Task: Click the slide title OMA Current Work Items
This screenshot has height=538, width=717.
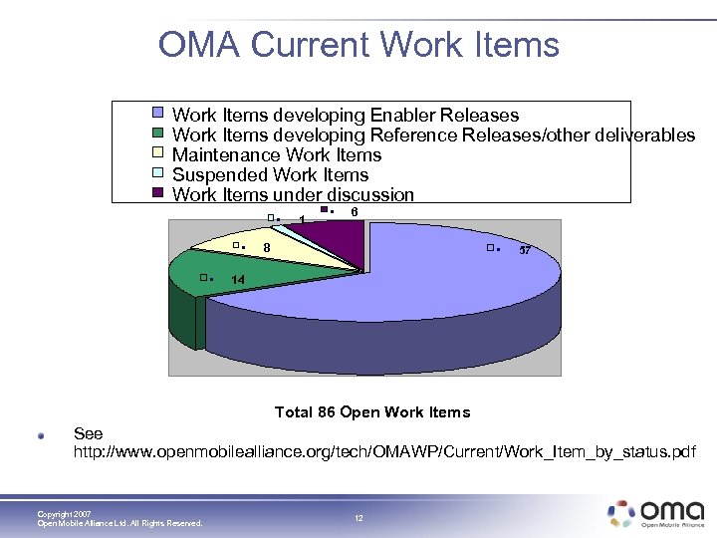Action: tap(358, 45)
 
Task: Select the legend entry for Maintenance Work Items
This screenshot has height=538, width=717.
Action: tap(277, 155)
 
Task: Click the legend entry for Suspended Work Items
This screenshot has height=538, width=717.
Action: tap(270, 175)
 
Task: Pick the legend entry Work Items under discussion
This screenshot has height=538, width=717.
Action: tap(293, 195)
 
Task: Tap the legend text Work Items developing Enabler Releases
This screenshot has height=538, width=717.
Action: tap(346, 116)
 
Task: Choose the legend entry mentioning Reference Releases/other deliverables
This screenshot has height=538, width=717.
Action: tap(433, 135)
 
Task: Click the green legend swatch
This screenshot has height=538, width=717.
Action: tap(157, 134)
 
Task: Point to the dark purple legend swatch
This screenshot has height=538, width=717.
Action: tap(157, 194)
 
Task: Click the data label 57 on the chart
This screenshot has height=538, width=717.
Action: tap(525, 251)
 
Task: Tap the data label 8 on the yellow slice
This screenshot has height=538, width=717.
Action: tap(267, 248)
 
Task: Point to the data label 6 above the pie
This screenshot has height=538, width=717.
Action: tap(355, 212)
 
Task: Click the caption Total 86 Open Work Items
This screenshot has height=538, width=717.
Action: tap(371, 412)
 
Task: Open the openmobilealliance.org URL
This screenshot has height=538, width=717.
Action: tap(384, 453)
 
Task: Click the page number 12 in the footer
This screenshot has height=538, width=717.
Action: tap(358, 518)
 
